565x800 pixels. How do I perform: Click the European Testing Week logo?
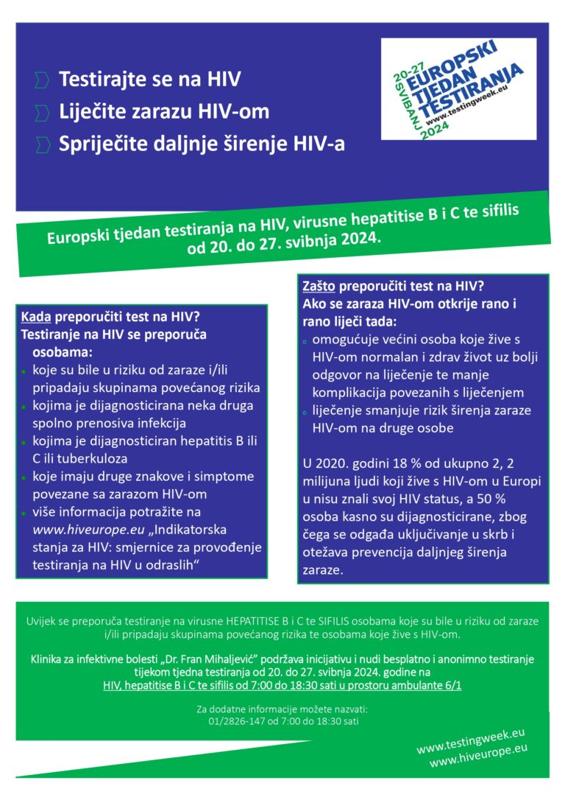[x=458, y=89]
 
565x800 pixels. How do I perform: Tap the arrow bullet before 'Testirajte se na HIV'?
[x=43, y=79]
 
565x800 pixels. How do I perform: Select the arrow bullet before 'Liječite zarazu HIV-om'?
[x=43, y=112]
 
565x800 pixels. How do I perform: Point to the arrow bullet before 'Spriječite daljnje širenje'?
[x=43, y=144]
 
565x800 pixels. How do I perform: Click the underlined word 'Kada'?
[x=35, y=317]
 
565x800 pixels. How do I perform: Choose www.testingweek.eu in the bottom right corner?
[x=472, y=742]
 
